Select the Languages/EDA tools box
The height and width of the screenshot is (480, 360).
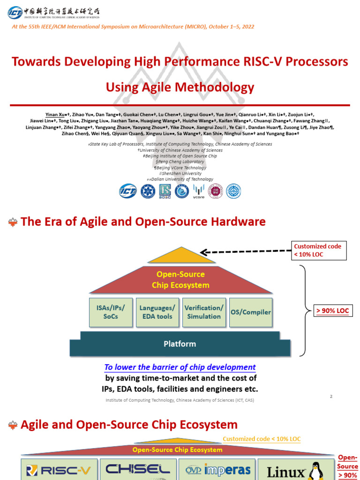[x=157, y=312]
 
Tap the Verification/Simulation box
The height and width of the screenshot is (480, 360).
[x=203, y=312]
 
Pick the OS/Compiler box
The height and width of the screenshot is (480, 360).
[x=250, y=312]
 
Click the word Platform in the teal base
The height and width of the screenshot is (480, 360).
[x=180, y=344]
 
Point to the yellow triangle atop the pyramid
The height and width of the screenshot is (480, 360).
[x=181, y=256]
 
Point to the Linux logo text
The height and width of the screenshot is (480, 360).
[x=286, y=470]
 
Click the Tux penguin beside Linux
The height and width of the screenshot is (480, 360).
[x=318, y=470]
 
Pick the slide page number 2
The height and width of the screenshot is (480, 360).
[x=331, y=397]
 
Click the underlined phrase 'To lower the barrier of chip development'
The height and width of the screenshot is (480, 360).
[x=180, y=367]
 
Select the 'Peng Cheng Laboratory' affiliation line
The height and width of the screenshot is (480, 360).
[x=180, y=162]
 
